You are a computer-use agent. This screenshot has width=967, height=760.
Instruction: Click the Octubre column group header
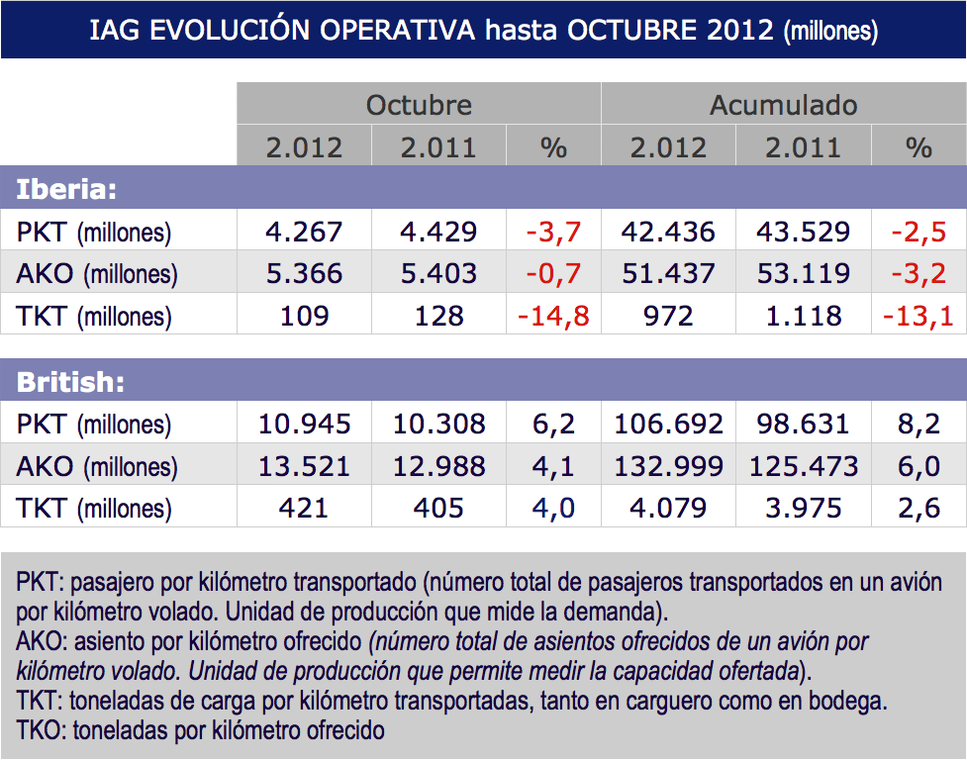pos(419,105)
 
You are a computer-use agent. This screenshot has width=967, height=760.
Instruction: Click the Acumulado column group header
pos(783,105)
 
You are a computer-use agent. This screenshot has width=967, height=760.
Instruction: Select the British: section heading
pos(71,381)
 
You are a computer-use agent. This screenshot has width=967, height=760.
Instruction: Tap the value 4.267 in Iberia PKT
pos(304,232)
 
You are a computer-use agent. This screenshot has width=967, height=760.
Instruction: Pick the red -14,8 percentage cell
pos(553,316)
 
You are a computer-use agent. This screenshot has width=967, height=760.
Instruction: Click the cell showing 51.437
pos(668,273)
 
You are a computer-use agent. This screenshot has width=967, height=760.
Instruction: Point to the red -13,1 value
pos(919,316)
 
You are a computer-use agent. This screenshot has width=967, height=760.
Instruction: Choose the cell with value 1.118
pos(803,316)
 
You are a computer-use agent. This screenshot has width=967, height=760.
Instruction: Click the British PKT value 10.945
pos(304,424)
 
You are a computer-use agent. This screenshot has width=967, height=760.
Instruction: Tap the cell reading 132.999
pos(668,466)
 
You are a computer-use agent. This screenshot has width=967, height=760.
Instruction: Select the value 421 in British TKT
pos(304,509)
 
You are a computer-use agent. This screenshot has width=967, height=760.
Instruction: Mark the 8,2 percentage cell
pos(919,424)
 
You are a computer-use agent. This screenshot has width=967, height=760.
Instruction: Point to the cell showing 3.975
pos(803,509)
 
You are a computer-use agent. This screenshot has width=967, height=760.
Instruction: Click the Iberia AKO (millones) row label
pos(97,273)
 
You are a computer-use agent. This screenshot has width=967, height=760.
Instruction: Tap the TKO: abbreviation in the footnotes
pos(39,731)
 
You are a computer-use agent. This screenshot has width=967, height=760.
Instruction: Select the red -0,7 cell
pos(553,273)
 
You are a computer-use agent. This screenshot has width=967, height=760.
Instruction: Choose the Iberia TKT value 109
pos(304,316)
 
